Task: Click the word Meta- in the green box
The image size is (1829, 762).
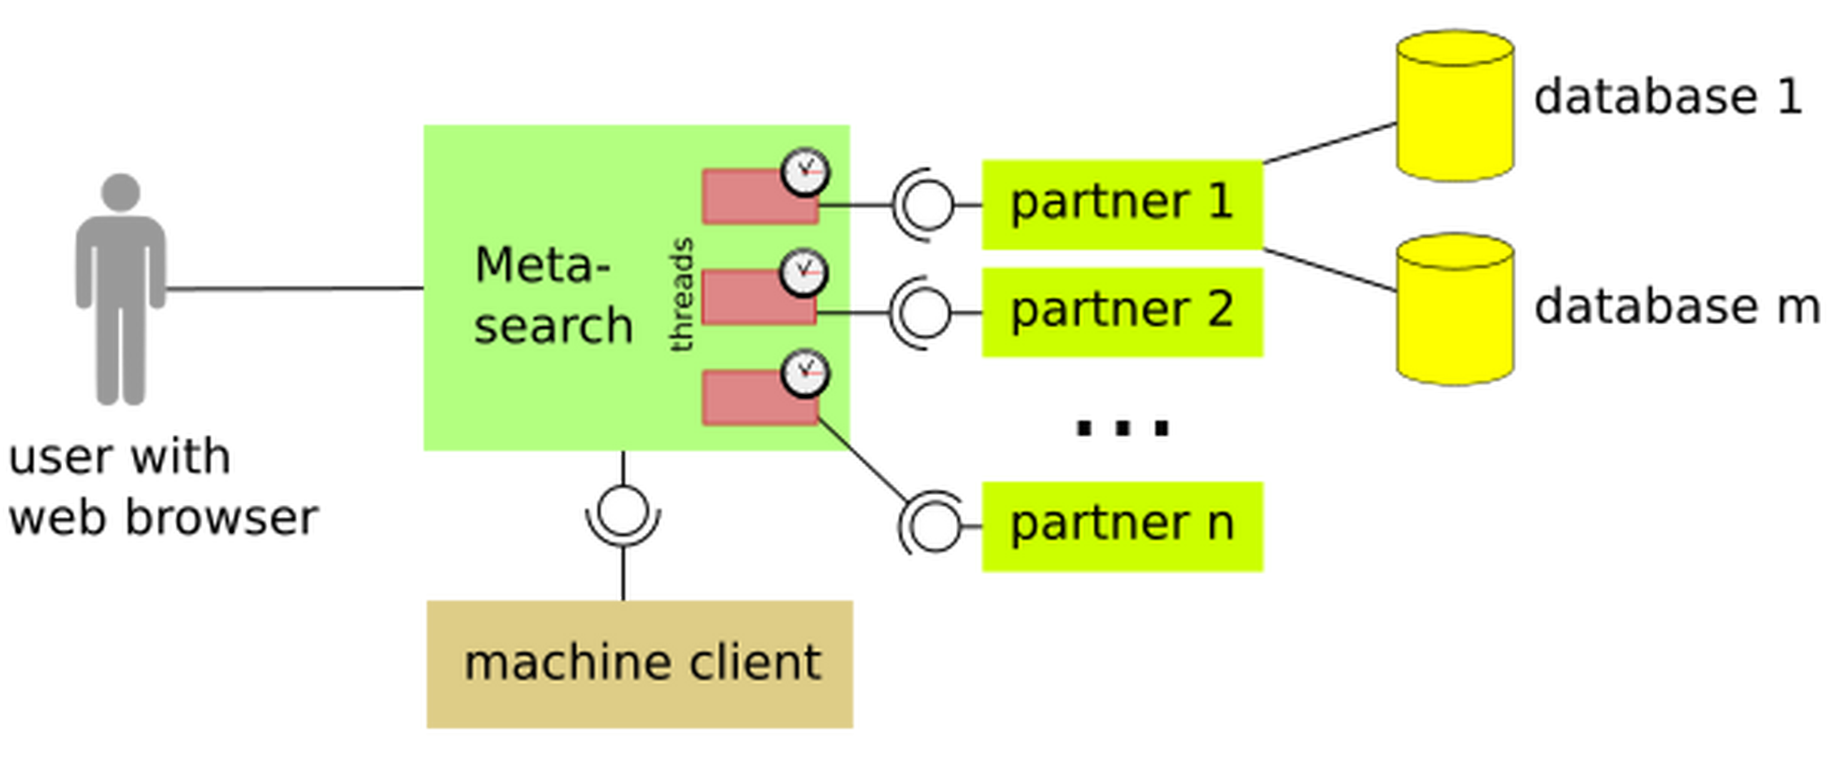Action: click(542, 266)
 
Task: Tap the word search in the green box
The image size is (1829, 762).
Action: click(553, 326)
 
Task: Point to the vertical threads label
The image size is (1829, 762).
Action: click(682, 295)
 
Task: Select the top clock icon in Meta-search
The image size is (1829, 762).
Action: click(805, 171)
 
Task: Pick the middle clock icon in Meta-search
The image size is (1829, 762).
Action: click(804, 272)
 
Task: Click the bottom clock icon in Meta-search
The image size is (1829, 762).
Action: click(805, 373)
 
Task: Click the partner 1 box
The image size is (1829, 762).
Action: click(1122, 202)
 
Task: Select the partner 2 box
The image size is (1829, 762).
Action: click(1122, 311)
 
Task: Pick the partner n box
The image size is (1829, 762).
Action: click(1122, 526)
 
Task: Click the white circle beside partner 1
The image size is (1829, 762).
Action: click(928, 205)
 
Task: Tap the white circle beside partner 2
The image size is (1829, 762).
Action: click(926, 313)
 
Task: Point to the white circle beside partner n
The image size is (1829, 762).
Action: click(935, 527)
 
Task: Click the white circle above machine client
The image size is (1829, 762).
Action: click(623, 511)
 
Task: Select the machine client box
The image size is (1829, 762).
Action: click(640, 663)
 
